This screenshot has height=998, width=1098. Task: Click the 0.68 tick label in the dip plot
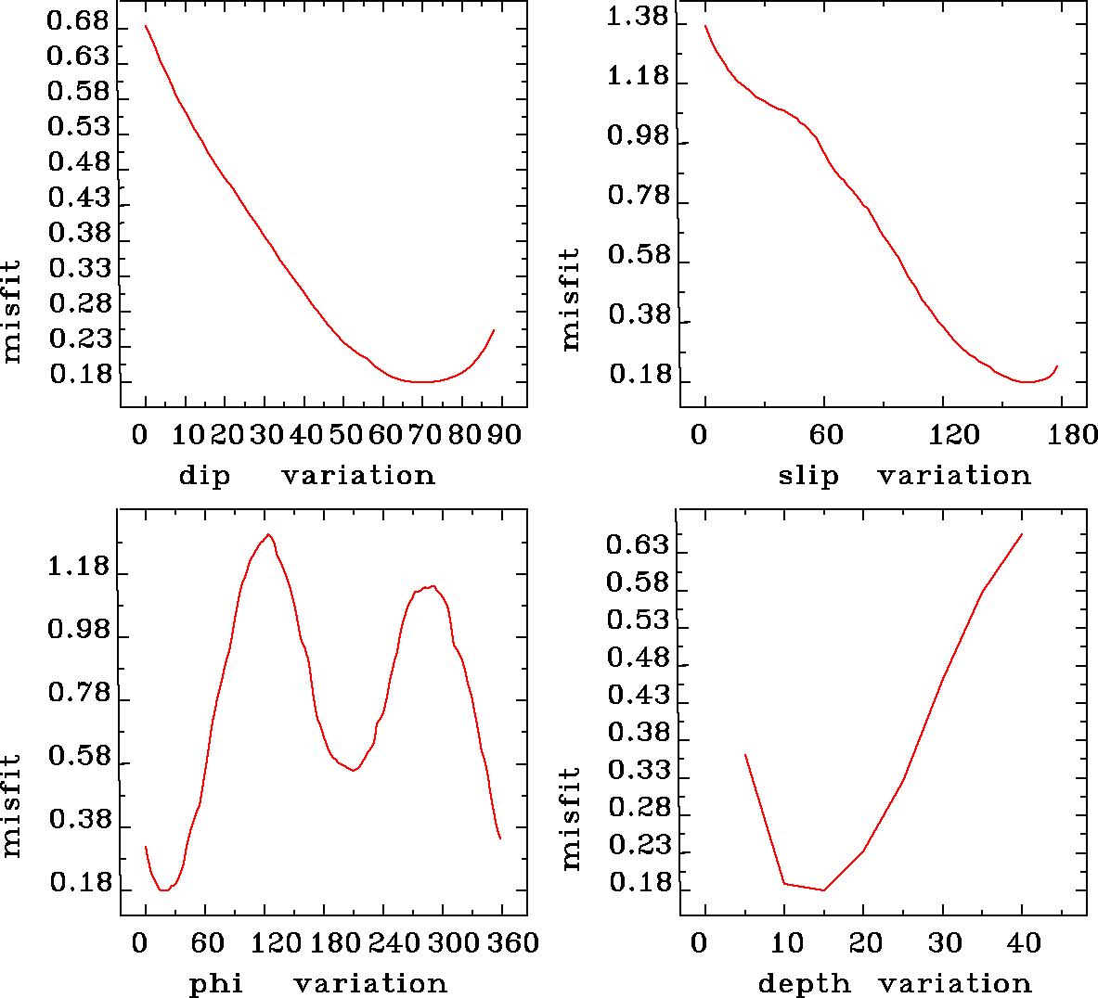(78, 21)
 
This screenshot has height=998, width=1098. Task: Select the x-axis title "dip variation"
(306, 476)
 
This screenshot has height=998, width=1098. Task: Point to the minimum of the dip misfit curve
(422, 381)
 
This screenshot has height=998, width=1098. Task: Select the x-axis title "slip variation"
(904, 476)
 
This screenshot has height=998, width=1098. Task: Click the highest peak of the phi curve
(268, 534)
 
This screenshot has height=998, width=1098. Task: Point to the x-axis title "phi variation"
(317, 983)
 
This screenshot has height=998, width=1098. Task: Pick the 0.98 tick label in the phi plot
(79, 631)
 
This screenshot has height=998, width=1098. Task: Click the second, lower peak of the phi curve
(432, 586)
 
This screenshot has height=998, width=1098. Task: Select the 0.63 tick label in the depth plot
(638, 544)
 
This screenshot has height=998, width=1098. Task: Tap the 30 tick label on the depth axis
(945, 943)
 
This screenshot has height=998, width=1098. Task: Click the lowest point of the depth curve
(823, 890)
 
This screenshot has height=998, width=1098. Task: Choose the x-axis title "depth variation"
(895, 983)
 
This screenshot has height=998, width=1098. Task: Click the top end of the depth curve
(1022, 534)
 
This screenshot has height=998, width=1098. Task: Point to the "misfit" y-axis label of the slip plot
(570, 299)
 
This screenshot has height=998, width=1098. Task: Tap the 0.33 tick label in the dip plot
(79, 269)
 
